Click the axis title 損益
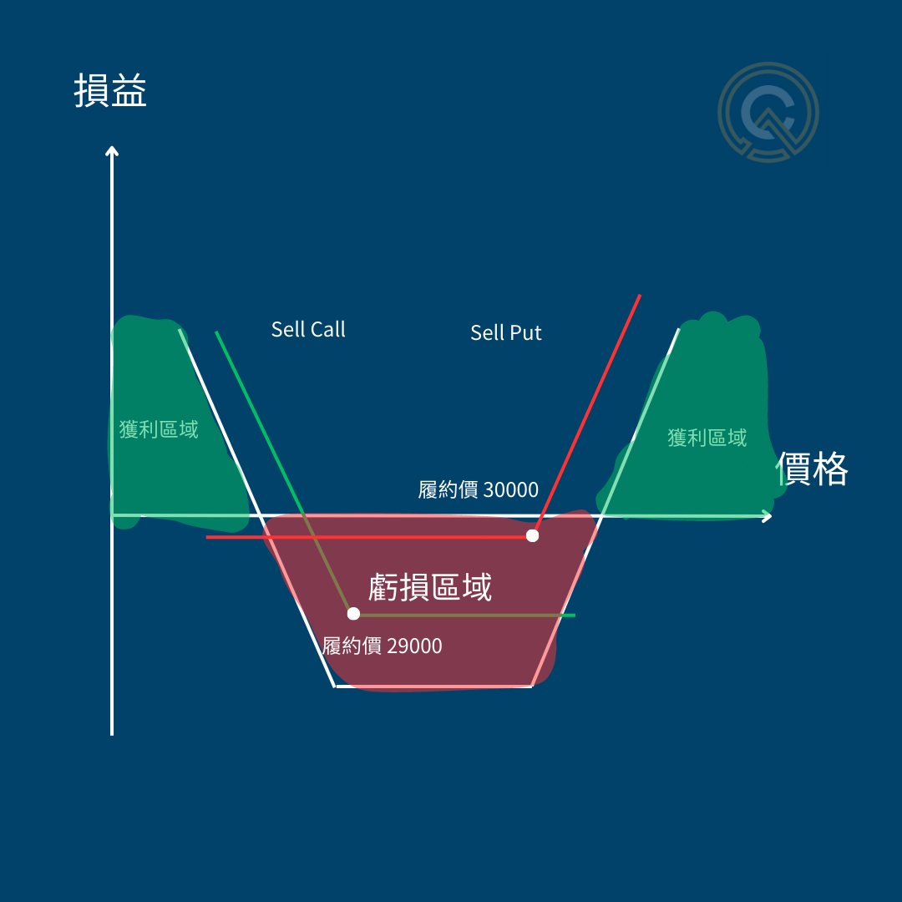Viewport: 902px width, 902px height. [x=110, y=91]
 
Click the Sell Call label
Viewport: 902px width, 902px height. [x=308, y=329]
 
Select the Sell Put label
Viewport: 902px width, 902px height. [x=506, y=332]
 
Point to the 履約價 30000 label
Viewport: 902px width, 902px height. [x=479, y=489]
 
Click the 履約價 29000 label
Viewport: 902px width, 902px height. [x=383, y=646]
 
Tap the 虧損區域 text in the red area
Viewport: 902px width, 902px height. [x=430, y=588]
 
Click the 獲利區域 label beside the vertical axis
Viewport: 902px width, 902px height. [x=159, y=430]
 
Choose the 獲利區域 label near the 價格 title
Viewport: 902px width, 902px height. [x=707, y=438]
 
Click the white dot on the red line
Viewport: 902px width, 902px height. [x=533, y=535]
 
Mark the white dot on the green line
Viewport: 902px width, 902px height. [x=353, y=614]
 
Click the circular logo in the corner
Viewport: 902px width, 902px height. [x=768, y=112]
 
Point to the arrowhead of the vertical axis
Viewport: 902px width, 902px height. [x=112, y=150]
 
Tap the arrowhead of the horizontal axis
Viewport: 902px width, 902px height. [x=766, y=516]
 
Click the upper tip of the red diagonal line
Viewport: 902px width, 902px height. [x=640, y=296]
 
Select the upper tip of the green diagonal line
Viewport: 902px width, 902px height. [x=216, y=332]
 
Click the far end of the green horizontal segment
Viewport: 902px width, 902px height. [x=574, y=616]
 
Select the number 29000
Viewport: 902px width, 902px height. [x=414, y=646]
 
